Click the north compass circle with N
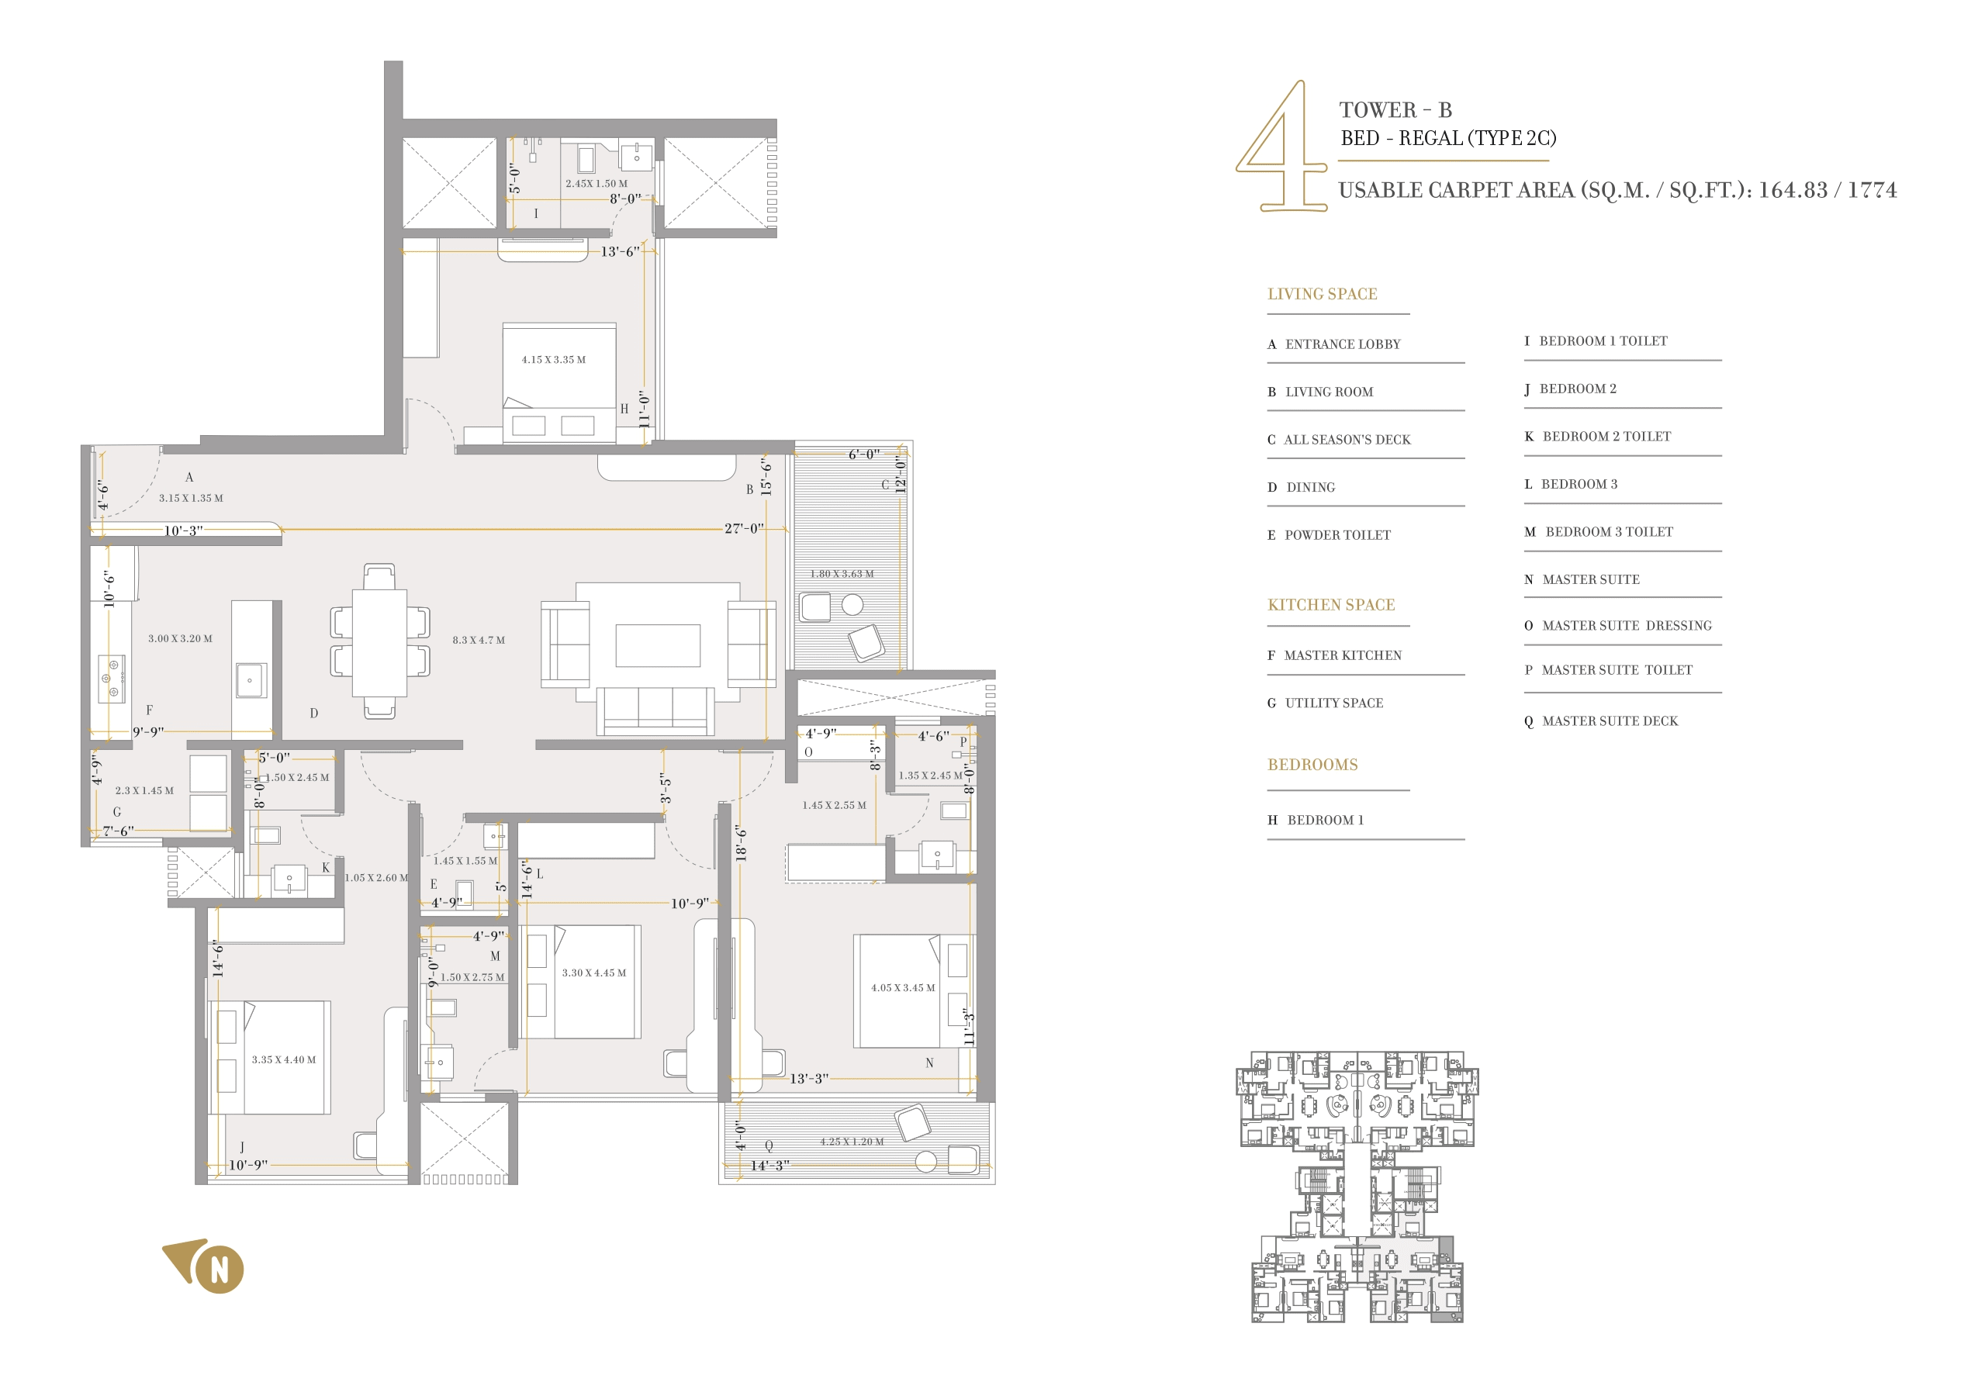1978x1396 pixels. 220,1270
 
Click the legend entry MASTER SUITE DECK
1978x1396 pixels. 1610,722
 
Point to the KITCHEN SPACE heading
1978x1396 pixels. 1331,606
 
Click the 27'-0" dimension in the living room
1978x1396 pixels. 743,529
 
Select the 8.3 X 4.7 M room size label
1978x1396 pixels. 479,641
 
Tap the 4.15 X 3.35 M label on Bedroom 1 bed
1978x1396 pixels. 553,360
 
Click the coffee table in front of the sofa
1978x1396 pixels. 657,646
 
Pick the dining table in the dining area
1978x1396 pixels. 379,641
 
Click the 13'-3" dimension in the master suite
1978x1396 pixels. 809,1079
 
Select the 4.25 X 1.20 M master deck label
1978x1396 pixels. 851,1142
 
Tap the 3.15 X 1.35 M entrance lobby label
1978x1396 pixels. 190,499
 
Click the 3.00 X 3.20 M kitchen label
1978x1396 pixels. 180,639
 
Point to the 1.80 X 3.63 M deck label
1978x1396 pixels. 842,575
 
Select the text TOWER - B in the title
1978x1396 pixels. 1395,110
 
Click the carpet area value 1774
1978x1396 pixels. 1872,190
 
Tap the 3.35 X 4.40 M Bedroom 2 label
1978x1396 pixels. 283,1060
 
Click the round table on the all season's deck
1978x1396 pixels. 852,606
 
